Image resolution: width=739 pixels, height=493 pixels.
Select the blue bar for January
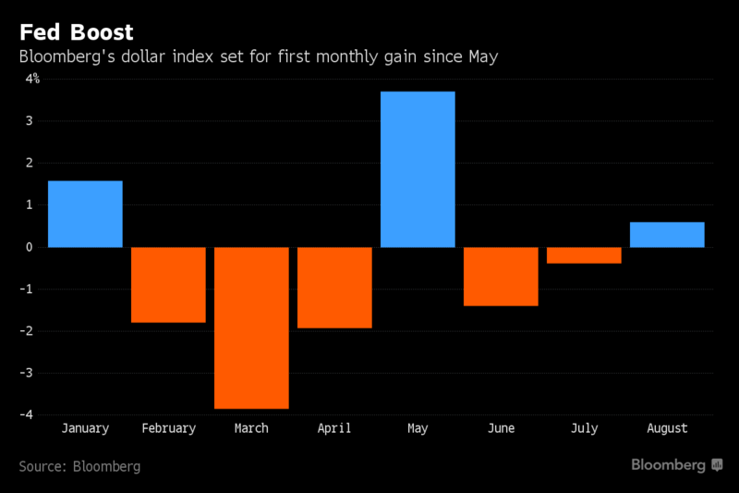pos(85,214)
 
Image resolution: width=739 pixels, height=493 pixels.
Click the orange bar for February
pos(168,284)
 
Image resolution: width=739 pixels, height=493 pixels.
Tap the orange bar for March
pos(251,327)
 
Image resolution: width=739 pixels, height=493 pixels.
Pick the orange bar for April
pos(334,287)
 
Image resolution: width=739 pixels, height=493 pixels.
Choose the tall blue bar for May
pos(418,169)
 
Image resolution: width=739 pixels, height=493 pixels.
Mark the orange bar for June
pos(501,276)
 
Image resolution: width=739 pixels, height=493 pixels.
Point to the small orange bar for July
pos(584,255)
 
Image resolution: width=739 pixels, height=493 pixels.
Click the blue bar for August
pos(667,235)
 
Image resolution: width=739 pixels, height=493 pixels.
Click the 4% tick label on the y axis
pos(32,79)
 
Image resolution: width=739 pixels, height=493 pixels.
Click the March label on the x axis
pos(251,428)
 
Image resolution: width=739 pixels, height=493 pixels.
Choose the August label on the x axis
pos(667,428)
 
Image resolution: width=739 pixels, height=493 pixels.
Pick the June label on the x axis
pos(501,428)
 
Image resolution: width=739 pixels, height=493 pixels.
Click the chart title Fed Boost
pos(76,32)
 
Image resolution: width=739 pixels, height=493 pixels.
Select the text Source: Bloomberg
pos(79,466)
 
